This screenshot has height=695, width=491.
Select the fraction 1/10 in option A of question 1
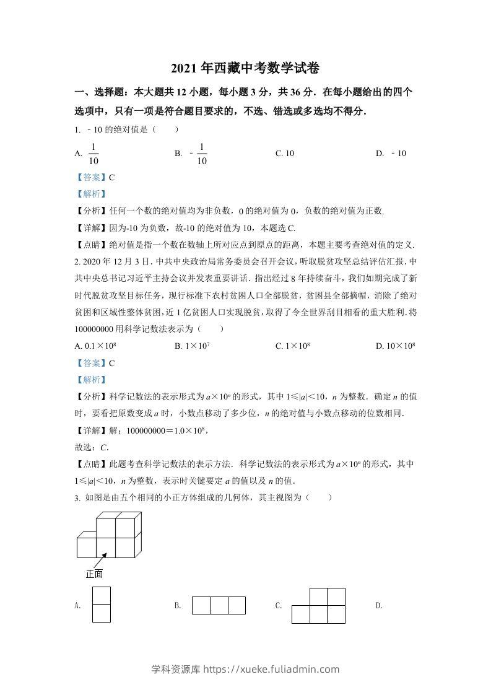94,154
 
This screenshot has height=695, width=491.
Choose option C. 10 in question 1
285,154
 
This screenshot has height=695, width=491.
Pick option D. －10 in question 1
391,154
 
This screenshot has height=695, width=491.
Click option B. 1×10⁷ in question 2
193,346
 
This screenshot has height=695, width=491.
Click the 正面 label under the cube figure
94,574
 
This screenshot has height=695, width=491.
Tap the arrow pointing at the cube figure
98,560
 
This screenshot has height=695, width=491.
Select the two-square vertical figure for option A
101,604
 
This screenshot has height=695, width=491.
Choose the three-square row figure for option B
219,605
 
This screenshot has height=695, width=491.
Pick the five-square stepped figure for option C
318,605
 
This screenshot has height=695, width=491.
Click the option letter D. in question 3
379,606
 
